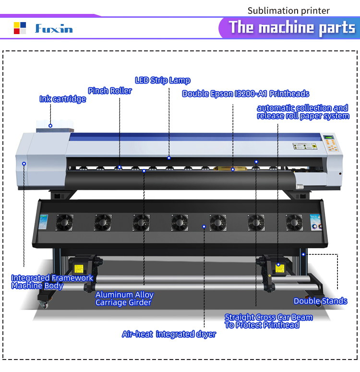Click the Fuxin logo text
click(54, 29)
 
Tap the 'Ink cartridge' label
click(62, 99)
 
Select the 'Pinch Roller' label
click(109, 91)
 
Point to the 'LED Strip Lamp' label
click(162, 81)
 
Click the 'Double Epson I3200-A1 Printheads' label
click(245, 94)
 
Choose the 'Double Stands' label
click(320, 301)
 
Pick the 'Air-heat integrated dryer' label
click(168, 334)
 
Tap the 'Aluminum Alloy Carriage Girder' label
click(124, 299)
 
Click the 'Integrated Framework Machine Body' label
click(52, 282)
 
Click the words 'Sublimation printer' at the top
click(288, 11)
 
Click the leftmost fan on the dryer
click(64, 222)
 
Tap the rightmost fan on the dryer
click(294, 222)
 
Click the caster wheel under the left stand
click(43, 304)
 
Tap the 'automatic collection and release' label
click(302, 112)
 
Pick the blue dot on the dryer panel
click(204, 226)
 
